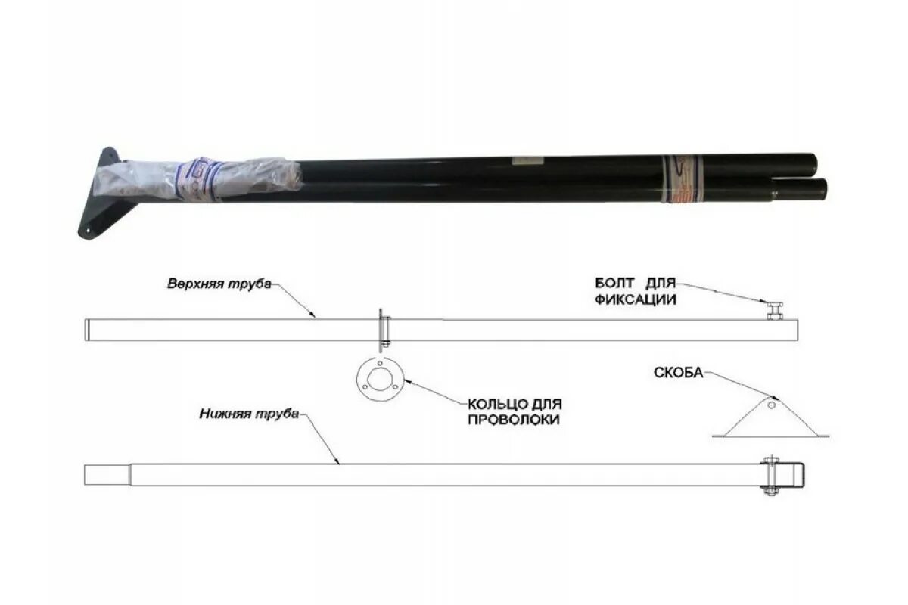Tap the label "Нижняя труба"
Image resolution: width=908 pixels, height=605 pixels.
(x=249, y=414)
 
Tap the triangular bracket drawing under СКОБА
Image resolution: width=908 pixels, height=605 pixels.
(x=770, y=420)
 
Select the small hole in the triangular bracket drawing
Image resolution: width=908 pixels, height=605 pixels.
(x=770, y=405)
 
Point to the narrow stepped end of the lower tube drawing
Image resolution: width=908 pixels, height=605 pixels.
(x=106, y=475)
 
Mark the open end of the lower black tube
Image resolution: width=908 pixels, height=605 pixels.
(x=822, y=189)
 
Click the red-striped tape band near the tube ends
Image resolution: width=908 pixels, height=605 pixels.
(x=681, y=179)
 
